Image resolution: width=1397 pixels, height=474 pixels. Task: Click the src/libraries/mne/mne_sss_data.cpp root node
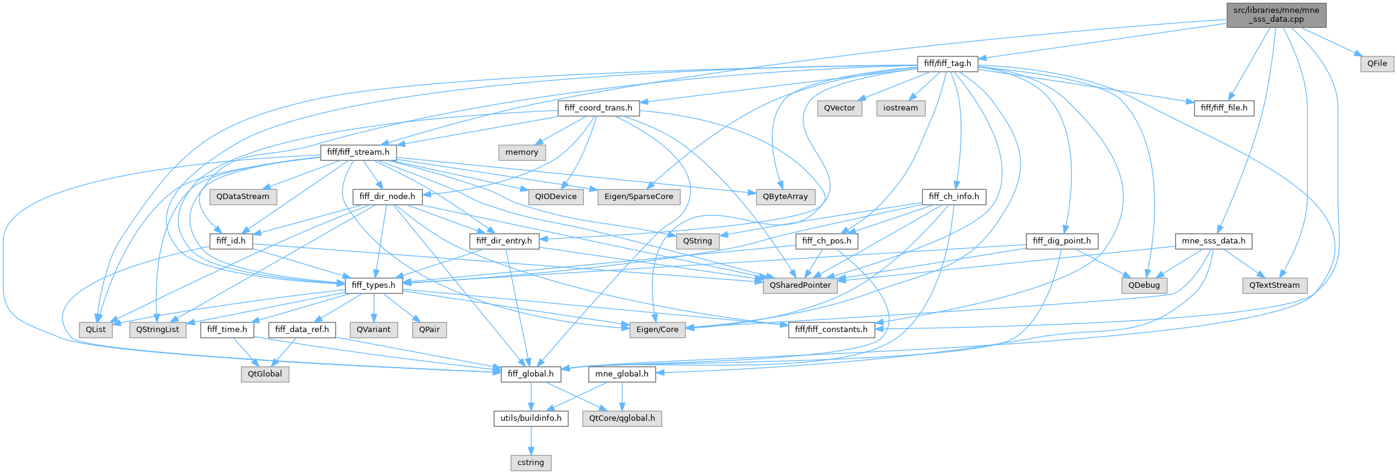pyautogui.click(x=1275, y=15)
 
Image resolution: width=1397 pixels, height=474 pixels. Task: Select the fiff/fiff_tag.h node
pyautogui.click(x=947, y=63)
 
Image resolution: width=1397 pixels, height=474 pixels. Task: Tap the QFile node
pyautogui.click(x=1377, y=63)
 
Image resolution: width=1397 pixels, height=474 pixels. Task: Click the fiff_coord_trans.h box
pyautogui.click(x=598, y=108)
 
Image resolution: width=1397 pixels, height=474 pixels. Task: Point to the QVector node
pyautogui.click(x=840, y=108)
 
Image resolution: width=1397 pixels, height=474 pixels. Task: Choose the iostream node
pyautogui.click(x=900, y=108)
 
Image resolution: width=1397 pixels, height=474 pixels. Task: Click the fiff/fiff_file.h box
pyautogui.click(x=1224, y=108)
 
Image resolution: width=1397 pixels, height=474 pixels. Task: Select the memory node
pyautogui.click(x=521, y=152)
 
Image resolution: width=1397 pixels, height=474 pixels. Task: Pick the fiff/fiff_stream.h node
pyautogui.click(x=358, y=152)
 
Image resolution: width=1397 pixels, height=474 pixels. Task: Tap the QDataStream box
pyautogui.click(x=242, y=196)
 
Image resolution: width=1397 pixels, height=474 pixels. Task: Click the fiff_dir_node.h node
pyautogui.click(x=387, y=196)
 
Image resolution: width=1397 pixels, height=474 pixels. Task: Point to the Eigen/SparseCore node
pyautogui.click(x=638, y=196)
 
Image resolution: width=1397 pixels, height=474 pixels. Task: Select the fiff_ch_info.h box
pyautogui.click(x=954, y=196)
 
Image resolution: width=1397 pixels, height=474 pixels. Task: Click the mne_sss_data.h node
pyautogui.click(x=1213, y=241)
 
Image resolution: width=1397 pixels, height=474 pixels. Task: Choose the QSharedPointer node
pyautogui.click(x=800, y=285)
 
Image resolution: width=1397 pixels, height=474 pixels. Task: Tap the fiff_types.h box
pyautogui.click(x=374, y=285)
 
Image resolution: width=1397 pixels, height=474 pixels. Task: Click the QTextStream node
pyautogui.click(x=1274, y=285)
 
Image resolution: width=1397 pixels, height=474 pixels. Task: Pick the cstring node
pyautogui.click(x=530, y=463)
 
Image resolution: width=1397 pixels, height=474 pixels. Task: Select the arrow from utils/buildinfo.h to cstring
pyautogui.click(x=531, y=440)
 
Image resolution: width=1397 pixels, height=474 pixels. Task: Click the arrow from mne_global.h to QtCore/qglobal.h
pyautogui.click(x=622, y=396)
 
